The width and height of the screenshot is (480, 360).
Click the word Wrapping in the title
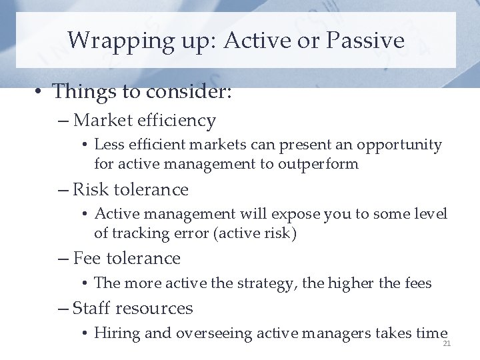(x=110, y=41)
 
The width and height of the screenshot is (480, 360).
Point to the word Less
(x=109, y=145)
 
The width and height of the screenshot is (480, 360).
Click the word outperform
(x=322, y=164)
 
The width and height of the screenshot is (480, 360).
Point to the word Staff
(x=91, y=309)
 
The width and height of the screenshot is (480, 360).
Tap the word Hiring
(x=117, y=333)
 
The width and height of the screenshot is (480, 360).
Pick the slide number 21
(x=447, y=343)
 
